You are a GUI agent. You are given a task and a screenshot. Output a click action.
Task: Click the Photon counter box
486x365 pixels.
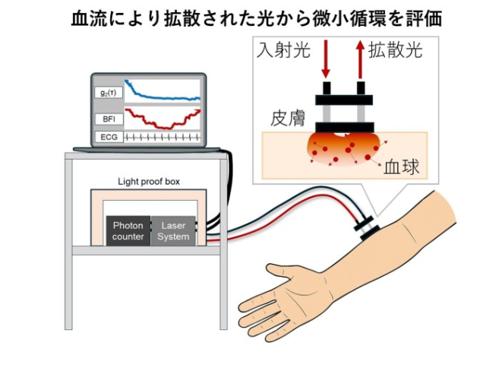click(x=128, y=231)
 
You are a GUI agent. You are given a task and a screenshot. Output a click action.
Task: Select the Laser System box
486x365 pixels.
click(x=173, y=231)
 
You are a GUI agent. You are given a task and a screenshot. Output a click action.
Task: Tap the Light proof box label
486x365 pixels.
click(x=149, y=182)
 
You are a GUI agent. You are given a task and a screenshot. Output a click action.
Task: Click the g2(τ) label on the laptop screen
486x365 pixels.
click(x=109, y=93)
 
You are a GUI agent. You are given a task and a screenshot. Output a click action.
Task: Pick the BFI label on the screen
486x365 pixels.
click(x=109, y=119)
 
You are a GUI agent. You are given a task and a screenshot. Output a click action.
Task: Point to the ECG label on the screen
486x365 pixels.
click(x=109, y=137)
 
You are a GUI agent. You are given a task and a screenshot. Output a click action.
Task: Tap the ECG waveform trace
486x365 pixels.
click(x=162, y=137)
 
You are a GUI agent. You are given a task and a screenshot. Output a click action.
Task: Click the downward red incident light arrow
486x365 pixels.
click(x=326, y=59)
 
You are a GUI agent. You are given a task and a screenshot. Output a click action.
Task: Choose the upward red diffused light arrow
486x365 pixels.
click(x=360, y=59)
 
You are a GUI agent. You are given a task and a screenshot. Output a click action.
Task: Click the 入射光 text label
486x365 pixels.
click(x=283, y=49)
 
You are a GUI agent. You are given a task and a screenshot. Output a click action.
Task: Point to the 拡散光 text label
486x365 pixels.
click(x=395, y=49)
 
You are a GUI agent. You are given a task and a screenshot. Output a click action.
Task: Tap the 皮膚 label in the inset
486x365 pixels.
click(x=288, y=118)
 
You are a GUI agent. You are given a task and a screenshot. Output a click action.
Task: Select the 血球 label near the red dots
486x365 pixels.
click(x=402, y=167)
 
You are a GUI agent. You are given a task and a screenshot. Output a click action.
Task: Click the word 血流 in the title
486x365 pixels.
click(x=89, y=18)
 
